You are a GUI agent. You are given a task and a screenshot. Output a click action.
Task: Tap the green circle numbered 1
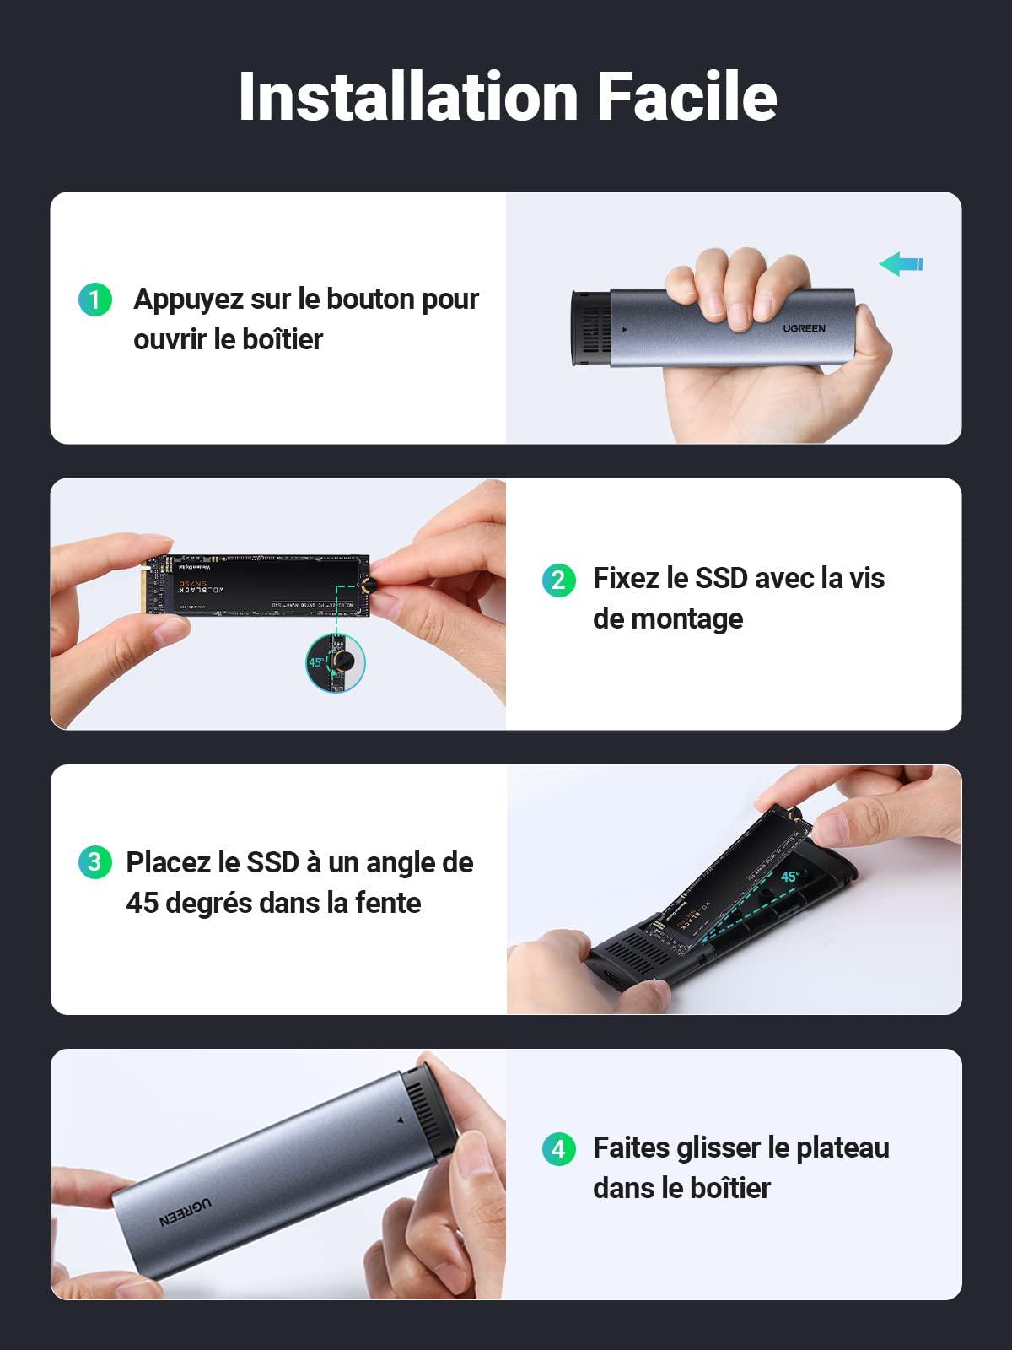pos(95,300)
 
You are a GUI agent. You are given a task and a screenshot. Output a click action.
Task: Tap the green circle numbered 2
pos(558,580)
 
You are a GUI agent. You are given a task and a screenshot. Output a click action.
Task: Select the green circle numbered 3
pos(94,861)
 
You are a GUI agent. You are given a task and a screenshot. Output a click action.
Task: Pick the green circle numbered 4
pos(558,1148)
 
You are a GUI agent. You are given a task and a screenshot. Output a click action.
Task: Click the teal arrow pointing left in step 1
pos(901,264)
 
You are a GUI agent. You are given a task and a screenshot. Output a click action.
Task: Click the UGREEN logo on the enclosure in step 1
pos(804,328)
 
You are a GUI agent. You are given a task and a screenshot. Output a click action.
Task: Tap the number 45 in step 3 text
pos(142,903)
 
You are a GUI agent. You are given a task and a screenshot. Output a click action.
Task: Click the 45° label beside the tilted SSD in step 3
pos(789,877)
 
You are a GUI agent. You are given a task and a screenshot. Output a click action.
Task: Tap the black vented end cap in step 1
pos(589,331)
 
